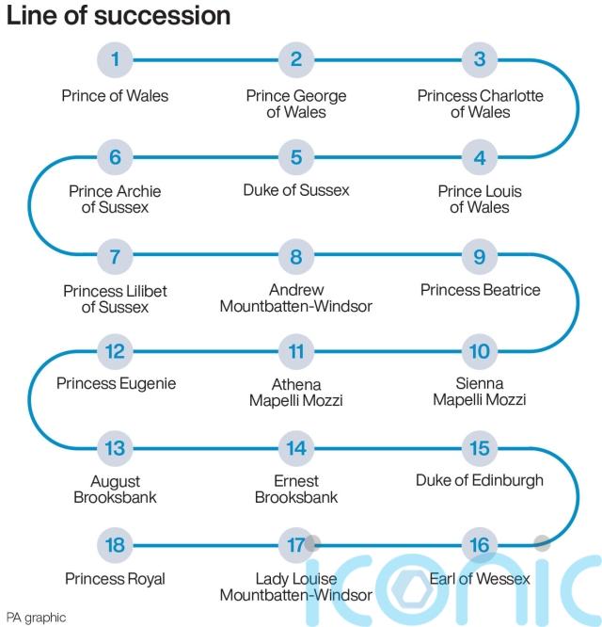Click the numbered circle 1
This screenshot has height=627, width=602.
point(115,60)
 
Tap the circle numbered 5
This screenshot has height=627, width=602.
point(296,157)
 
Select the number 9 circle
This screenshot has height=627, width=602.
point(480,255)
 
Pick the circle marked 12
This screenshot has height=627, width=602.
point(115,352)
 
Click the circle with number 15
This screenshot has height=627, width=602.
point(480,449)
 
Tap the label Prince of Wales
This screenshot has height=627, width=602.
point(115,95)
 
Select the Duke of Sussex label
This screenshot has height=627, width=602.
point(296,190)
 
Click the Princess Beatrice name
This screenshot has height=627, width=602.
point(480,289)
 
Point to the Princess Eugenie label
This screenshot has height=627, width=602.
point(116,383)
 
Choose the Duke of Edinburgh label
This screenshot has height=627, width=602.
point(480,480)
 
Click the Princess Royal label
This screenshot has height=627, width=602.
point(115,578)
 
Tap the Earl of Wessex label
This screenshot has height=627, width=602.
point(480,578)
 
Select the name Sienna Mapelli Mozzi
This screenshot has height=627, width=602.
point(480,392)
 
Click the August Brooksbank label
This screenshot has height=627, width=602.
point(115,489)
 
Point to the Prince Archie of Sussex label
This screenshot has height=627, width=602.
point(115,199)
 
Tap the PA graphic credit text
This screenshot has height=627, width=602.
point(37,617)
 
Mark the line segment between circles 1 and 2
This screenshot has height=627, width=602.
point(205,60)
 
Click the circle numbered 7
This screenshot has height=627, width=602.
point(115,255)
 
